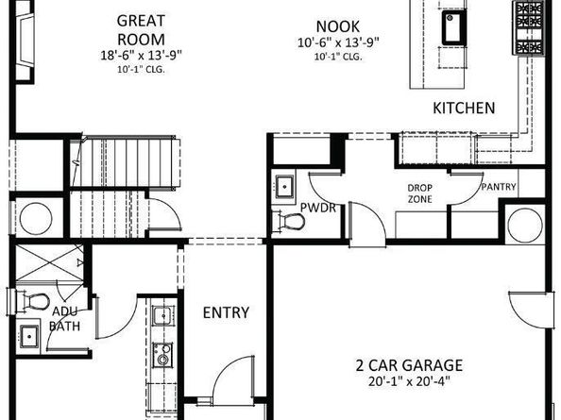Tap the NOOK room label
(338, 28)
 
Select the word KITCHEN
(464, 109)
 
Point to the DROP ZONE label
(420, 193)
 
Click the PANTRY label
(498, 187)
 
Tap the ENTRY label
(226, 312)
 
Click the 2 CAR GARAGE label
(408, 364)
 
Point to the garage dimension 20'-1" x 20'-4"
(408, 381)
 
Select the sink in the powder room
(285, 184)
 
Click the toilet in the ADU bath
(34, 301)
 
